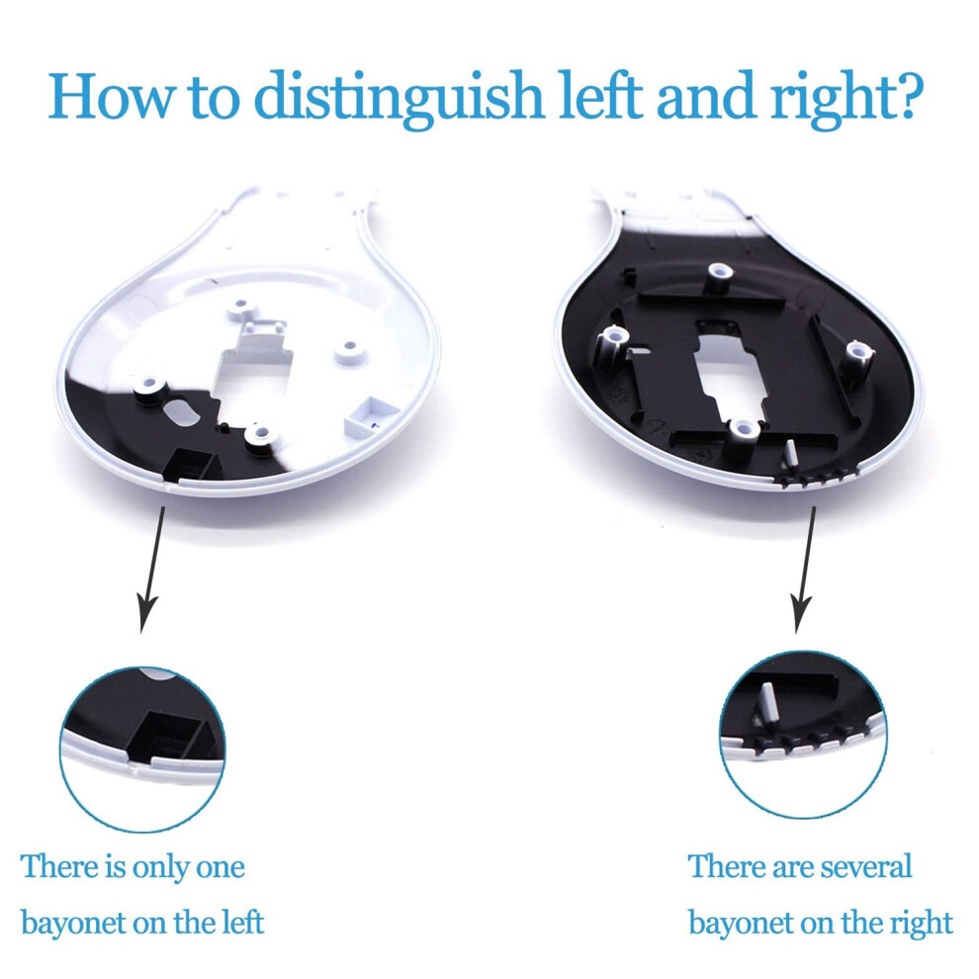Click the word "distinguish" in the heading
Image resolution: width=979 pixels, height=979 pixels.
tap(399, 97)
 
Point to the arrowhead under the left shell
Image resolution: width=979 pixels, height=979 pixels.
tap(146, 614)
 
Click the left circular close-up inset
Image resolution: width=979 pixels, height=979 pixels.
tap(142, 750)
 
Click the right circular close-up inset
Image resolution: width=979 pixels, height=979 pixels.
tap(803, 734)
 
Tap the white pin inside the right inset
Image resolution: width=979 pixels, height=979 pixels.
tap(767, 702)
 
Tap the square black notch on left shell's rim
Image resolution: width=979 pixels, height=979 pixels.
tap(191, 465)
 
